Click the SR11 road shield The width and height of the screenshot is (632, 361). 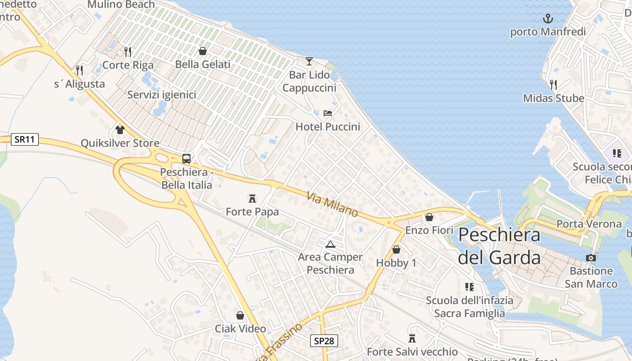coord(24,139)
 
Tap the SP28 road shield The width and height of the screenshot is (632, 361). coord(324,341)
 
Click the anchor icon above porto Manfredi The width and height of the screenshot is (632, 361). coord(548,19)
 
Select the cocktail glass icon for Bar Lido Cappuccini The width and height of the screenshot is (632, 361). coord(309,61)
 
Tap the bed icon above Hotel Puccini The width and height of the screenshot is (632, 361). coord(328,113)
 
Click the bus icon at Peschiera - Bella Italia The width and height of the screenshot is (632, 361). coord(186,159)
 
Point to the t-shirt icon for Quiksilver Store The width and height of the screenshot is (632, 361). coord(120,130)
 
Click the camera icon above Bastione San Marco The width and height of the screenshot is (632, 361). coord(590,258)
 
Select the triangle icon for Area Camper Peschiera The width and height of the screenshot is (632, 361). coord(330,244)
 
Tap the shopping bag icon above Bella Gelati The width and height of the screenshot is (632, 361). coord(203,51)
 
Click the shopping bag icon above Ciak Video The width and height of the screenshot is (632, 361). coord(240,315)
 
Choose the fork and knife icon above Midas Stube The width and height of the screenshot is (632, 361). coord(553,84)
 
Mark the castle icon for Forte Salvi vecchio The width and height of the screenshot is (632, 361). coord(412,338)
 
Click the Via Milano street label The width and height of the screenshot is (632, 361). coord(332,204)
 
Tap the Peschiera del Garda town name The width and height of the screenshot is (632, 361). coord(499,246)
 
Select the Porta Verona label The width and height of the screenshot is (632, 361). coord(589,224)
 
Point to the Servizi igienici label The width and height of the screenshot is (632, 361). coord(162,95)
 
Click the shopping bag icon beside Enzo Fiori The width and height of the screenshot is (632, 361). coord(429,218)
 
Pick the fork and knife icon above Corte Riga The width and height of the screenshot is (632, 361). coord(128,52)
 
